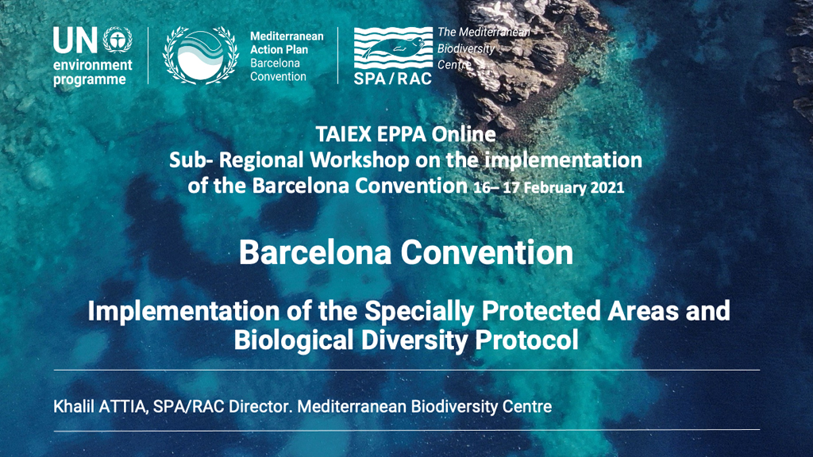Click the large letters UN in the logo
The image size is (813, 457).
coord(75,40)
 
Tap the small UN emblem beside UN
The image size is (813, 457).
coord(118,40)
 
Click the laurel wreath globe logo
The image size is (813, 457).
coord(201,55)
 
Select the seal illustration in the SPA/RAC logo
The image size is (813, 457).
coord(393,48)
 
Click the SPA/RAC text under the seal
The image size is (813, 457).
coord(392,79)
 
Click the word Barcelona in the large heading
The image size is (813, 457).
coord(314,253)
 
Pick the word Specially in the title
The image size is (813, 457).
coord(419,311)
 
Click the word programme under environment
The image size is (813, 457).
coord(89,80)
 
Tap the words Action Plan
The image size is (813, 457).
coord(279,50)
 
